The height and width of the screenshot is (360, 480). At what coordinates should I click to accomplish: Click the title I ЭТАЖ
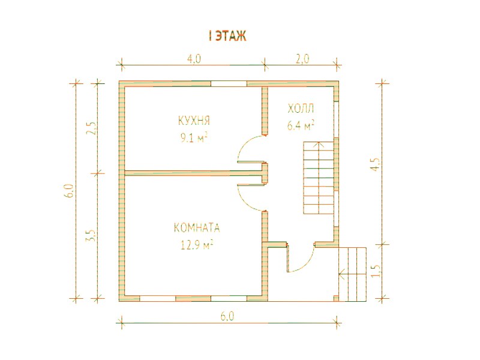tap(227, 37)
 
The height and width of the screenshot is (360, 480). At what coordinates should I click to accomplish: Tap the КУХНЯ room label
tap(194, 121)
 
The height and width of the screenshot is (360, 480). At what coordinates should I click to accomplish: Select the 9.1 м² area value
tap(194, 139)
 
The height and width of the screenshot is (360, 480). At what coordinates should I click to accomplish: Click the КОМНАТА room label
tap(197, 228)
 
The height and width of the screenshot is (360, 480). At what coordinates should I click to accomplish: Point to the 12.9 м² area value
tap(197, 245)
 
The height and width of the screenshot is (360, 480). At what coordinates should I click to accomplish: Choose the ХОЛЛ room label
tap(301, 109)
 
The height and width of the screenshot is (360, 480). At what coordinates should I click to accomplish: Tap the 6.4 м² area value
tap(301, 125)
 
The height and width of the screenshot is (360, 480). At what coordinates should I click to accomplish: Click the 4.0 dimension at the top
tap(194, 59)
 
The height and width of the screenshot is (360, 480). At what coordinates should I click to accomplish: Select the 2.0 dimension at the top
tap(302, 59)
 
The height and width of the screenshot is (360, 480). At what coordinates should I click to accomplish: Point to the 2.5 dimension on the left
tap(92, 128)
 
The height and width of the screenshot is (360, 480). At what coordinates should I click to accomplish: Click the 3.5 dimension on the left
tap(92, 235)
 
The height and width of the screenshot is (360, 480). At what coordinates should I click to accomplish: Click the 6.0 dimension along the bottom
tap(227, 316)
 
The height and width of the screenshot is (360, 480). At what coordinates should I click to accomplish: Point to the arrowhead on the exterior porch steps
tap(341, 274)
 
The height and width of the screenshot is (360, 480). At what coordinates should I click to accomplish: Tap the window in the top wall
tap(229, 83)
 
